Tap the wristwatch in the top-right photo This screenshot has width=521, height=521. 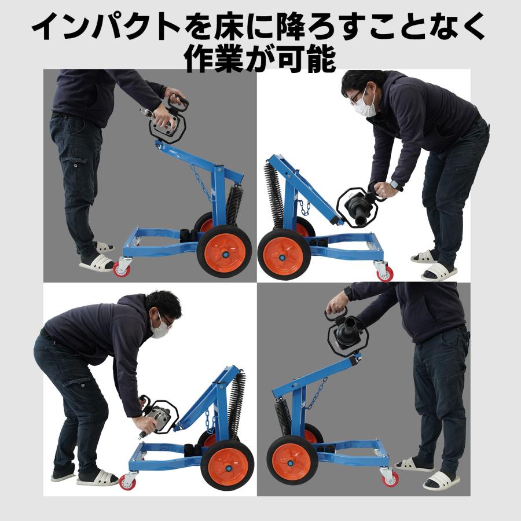(396, 185)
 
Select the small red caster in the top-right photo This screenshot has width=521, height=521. (384, 273)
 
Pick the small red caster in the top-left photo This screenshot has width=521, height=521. (122, 269)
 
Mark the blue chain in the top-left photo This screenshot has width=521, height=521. (200, 182)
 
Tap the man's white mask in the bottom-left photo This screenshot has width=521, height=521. (160, 327)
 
